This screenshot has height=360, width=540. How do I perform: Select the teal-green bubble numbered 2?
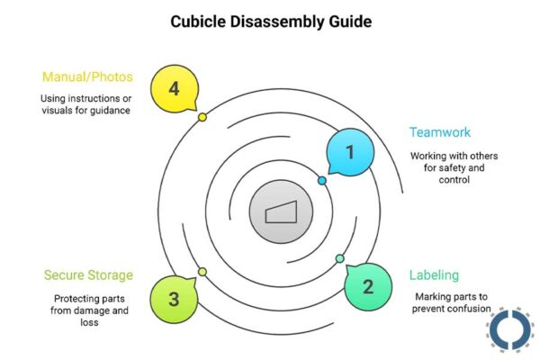click(367, 287)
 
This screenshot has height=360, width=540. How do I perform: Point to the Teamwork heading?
click(439, 132)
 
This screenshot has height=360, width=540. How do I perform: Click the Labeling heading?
click(434, 275)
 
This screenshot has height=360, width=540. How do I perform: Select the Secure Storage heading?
click(88, 275)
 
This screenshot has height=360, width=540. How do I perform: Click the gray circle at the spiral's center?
click(280, 213)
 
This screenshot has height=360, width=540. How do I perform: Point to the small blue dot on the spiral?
click(322, 181)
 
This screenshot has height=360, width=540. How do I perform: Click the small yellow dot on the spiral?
click(202, 117)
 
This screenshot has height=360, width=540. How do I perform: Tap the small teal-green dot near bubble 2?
click(339, 259)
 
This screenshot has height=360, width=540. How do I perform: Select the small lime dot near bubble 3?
click(202, 272)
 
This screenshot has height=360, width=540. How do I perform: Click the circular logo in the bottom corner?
click(511, 329)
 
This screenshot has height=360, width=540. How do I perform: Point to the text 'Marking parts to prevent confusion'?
click(451, 303)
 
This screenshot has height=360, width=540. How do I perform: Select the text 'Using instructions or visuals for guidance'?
click(87, 104)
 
